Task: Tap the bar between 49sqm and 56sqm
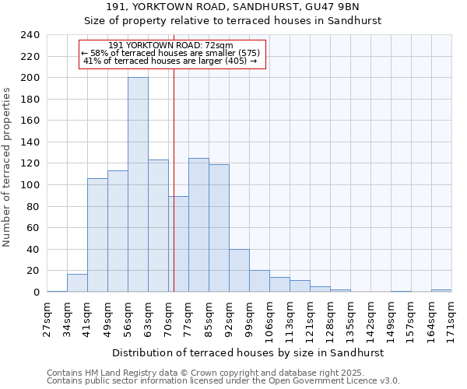118,231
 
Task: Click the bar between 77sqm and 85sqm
198,225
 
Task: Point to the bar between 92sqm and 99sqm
239,271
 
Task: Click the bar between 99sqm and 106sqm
259,281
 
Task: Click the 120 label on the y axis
30,163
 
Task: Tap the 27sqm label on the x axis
47,314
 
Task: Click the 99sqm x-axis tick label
249,314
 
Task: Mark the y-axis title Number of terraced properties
8,166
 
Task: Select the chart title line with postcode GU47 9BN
233,7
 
